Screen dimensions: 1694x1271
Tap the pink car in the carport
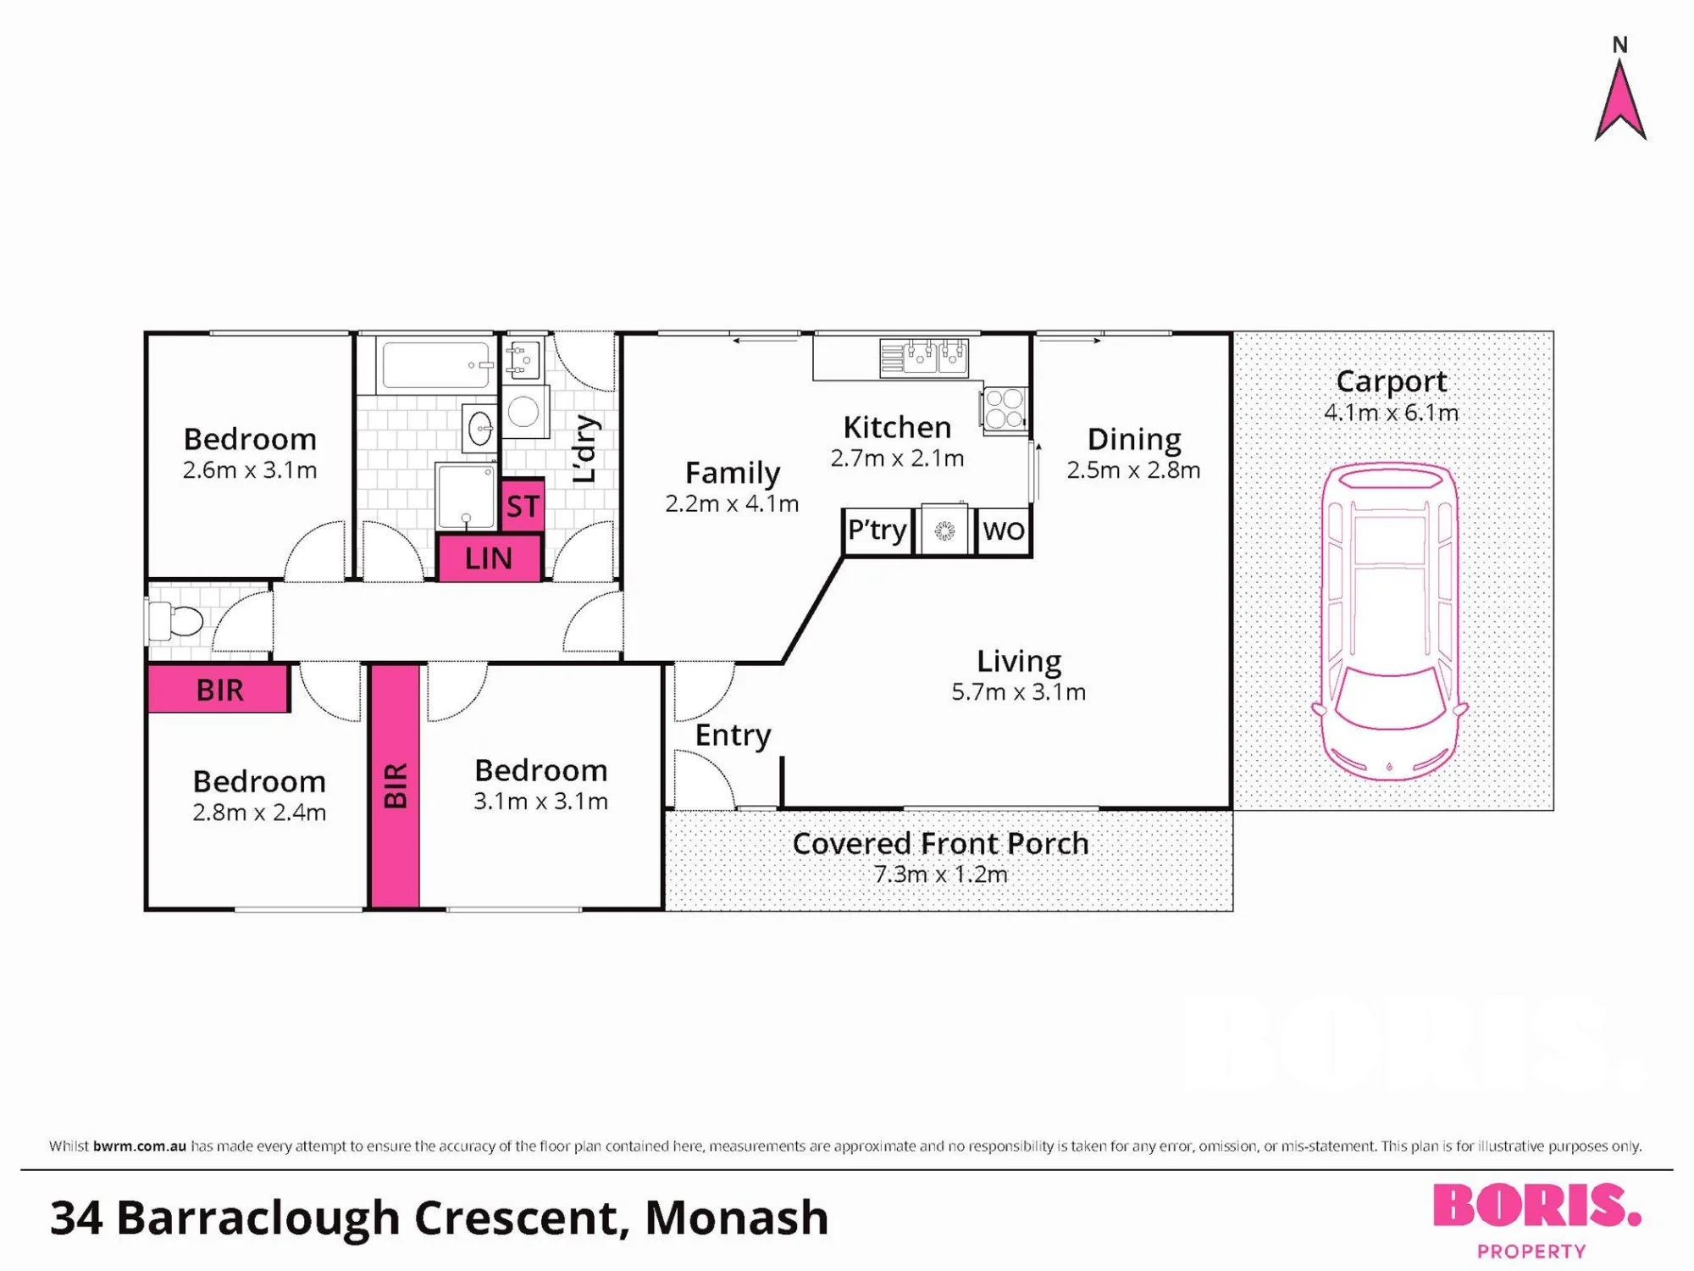pyautogui.click(x=1389, y=621)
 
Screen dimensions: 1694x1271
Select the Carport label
pyautogui.click(x=1391, y=381)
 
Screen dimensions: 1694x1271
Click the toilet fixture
pyautogui.click(x=174, y=621)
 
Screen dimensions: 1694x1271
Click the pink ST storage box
pyautogui.click(x=523, y=506)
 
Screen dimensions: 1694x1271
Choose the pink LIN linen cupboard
pyautogui.click(x=489, y=558)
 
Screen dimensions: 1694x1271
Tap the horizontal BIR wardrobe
pyautogui.click(x=219, y=689)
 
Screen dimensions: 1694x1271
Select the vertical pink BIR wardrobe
pyautogui.click(x=396, y=786)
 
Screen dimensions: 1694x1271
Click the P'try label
pyautogui.click(x=877, y=530)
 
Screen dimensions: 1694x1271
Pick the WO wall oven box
pyautogui.click(x=1004, y=531)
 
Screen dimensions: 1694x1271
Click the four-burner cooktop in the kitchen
pyautogui.click(x=1005, y=410)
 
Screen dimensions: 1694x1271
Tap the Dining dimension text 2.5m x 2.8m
pyautogui.click(x=1133, y=469)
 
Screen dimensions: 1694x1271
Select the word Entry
pyautogui.click(x=733, y=735)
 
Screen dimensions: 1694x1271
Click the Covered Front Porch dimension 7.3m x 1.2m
pyautogui.click(x=940, y=874)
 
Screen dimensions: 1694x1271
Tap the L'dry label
pyautogui.click(x=585, y=449)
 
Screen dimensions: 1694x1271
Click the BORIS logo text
pyautogui.click(x=1536, y=1206)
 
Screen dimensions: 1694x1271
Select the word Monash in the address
pyautogui.click(x=736, y=1218)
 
